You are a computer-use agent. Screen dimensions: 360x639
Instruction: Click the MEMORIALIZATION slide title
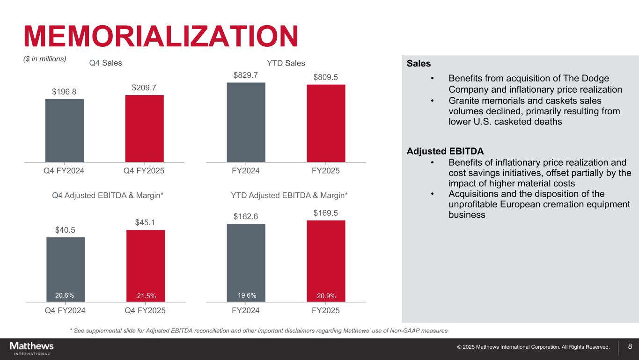coord(161,36)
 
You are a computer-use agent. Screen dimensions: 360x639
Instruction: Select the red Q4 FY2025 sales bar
coord(144,128)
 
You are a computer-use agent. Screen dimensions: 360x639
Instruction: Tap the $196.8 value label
coord(65,91)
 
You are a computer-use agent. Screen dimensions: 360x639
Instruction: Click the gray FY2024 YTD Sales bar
coord(246,122)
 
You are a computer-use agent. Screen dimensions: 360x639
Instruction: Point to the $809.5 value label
coord(326,77)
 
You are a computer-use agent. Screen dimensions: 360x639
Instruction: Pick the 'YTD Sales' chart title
coord(286,63)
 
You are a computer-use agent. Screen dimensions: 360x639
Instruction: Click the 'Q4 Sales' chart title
coord(105,63)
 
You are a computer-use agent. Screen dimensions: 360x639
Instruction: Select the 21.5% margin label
coord(146,295)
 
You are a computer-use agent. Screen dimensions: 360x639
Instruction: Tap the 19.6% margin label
coord(247,295)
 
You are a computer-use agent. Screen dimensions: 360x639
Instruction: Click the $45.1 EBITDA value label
coord(145,222)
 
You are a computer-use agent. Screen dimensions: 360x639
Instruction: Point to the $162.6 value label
coord(246,216)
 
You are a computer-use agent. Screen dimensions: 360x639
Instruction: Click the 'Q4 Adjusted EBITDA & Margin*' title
coord(108,195)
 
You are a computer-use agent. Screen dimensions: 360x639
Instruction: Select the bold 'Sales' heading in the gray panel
coord(419,63)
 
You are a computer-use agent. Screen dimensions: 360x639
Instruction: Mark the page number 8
coord(630,347)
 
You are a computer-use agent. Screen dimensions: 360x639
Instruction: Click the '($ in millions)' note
coord(45,59)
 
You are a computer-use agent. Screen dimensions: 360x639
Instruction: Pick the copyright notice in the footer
coord(533,347)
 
